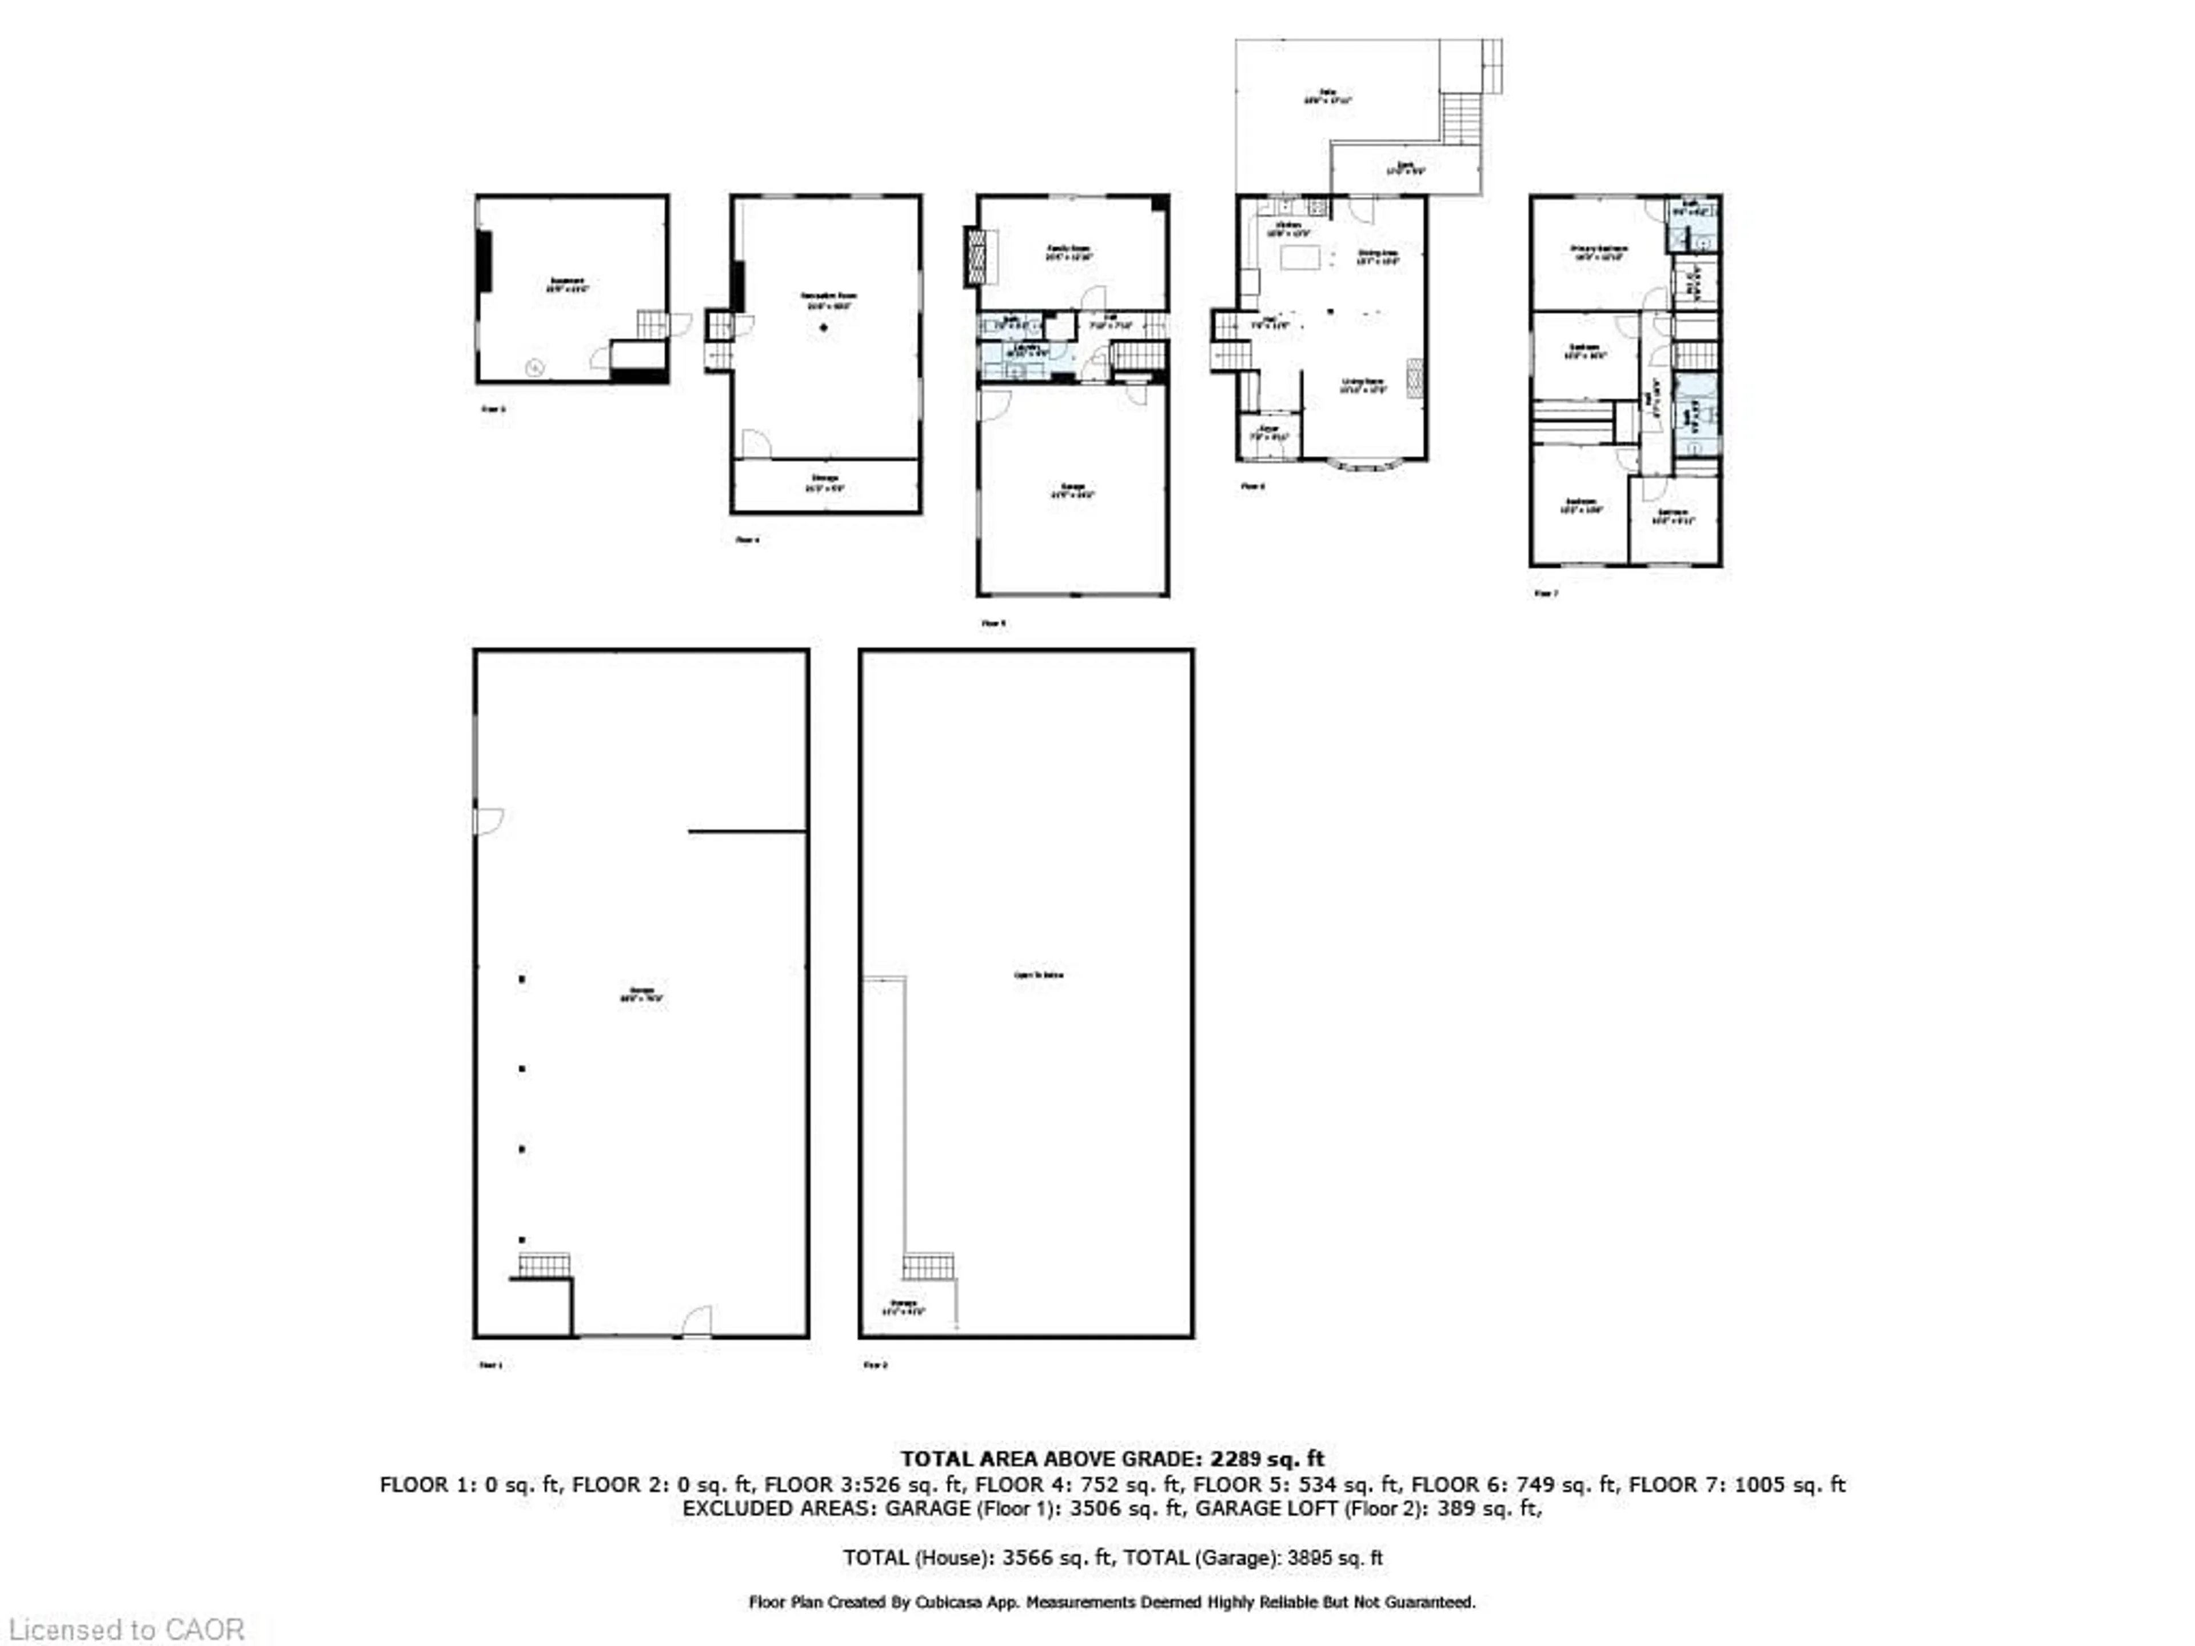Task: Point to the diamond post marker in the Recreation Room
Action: [824, 327]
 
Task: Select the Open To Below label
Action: [1038, 975]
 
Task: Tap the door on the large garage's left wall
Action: [488, 821]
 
